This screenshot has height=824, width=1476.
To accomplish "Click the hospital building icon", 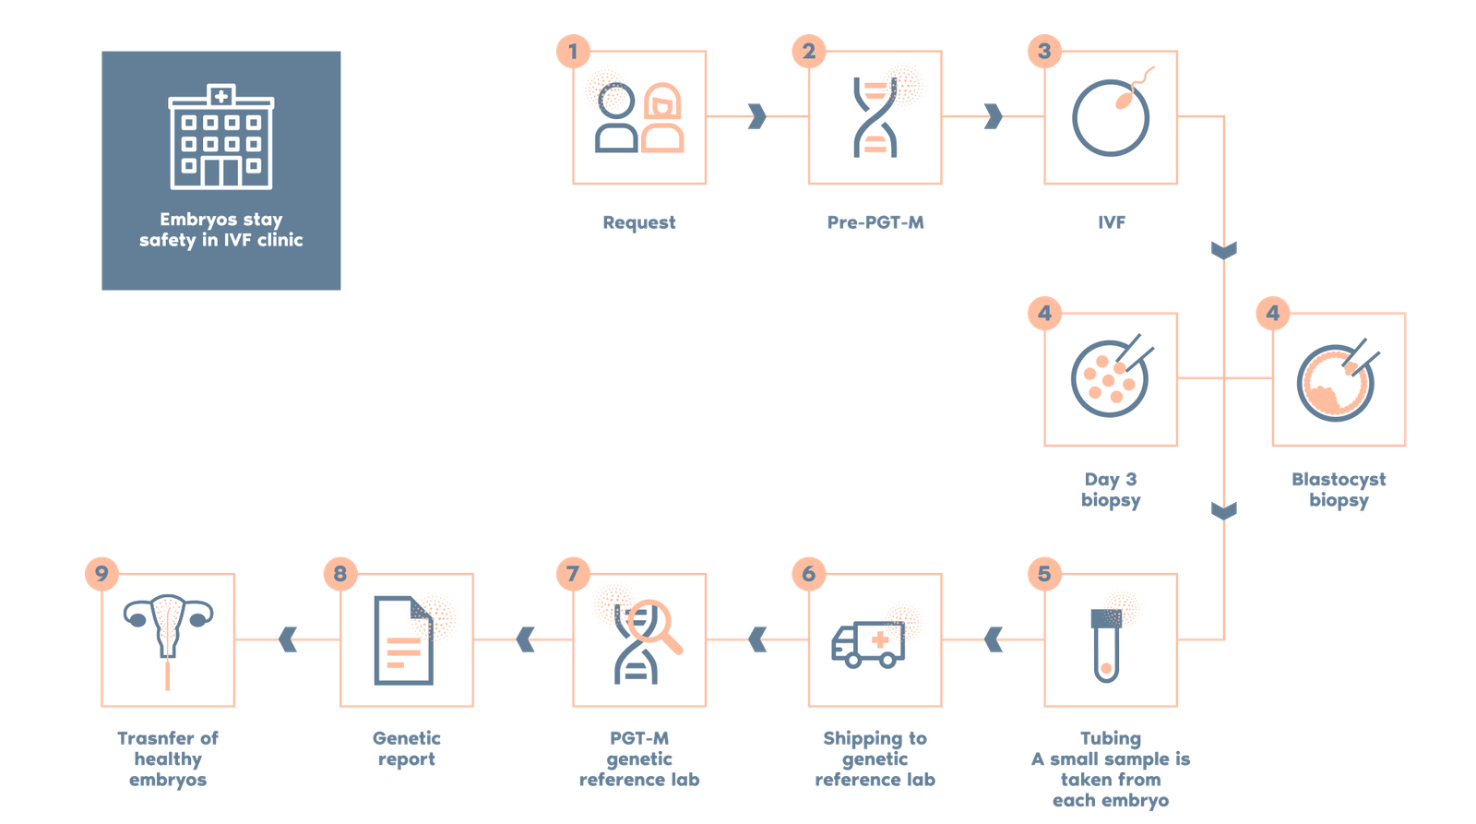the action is coord(221,137).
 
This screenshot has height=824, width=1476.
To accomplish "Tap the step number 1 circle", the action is coord(573,52).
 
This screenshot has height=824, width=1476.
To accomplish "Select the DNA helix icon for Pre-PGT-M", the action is coord(875,117).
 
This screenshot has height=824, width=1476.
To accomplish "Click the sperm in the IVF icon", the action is coord(1134,89).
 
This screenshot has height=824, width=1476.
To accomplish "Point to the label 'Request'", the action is coord(639,222).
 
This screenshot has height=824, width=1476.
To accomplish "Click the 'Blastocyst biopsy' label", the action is coord(1339,490).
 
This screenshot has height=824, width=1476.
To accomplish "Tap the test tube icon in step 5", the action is coord(1106,645).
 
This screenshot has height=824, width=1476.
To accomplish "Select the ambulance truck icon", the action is coord(868,644).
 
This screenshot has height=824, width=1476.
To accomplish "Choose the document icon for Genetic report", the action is coord(403,640).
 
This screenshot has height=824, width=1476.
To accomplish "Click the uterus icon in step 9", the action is coord(168,629).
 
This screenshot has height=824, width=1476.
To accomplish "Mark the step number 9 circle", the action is coord(101,574).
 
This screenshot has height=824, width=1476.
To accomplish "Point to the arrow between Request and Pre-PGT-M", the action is coord(757,116).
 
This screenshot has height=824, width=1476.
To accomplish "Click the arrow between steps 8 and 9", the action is coord(288,639).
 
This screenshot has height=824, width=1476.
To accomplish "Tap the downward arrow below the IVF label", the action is coord(1223,250).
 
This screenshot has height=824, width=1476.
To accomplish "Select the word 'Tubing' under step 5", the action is coord(1111,738).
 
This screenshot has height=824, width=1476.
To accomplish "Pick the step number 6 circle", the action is coord(808,574).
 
